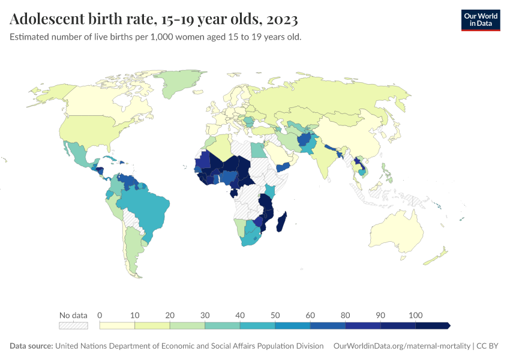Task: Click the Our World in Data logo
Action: (480, 20)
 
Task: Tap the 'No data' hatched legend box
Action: (73, 326)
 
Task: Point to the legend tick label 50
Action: (275, 315)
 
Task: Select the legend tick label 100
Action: (415, 315)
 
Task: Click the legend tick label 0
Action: (100, 315)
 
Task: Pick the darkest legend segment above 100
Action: (432, 326)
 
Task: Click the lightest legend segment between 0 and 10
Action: (117, 326)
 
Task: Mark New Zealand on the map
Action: (438, 257)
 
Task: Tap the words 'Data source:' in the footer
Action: (31, 346)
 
